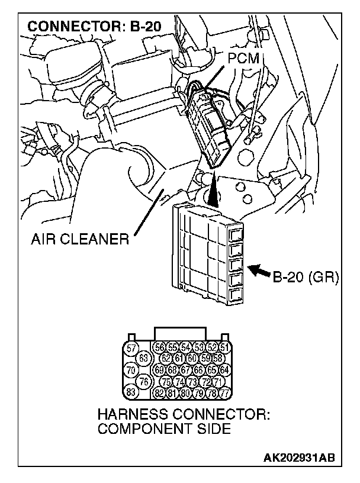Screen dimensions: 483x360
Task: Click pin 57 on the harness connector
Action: pos(132,348)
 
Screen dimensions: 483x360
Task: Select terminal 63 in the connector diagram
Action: pos(143,358)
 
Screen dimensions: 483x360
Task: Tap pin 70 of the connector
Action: pos(132,371)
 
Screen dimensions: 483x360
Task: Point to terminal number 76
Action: pos(143,382)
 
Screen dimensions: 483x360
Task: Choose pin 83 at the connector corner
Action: pos(132,392)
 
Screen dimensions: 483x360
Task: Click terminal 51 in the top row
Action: pos(224,347)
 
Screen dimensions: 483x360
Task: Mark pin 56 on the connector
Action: pos(159,347)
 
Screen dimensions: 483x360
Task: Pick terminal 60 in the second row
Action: pos(192,359)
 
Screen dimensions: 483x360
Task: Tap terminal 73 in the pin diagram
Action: pos(192,382)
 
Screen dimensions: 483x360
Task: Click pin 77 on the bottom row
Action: pos(224,393)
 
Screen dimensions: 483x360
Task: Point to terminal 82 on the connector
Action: pos(159,393)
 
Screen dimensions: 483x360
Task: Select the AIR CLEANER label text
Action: pos(81,240)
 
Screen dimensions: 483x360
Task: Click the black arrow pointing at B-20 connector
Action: pos(258,271)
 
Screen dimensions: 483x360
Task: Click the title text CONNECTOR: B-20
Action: pos(95,27)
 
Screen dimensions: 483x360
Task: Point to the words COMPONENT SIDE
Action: pos(163,429)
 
